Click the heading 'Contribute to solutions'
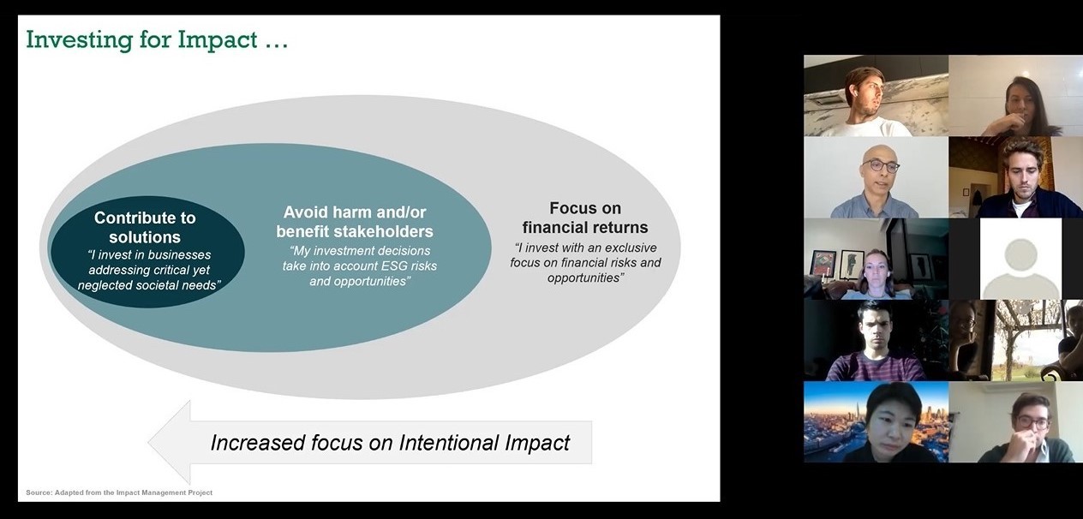145,228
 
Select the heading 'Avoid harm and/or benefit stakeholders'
355,221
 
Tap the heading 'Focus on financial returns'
585,218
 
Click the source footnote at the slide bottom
119,492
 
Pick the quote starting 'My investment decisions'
360,265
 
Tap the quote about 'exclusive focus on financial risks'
585,262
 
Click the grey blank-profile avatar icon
1020,259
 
